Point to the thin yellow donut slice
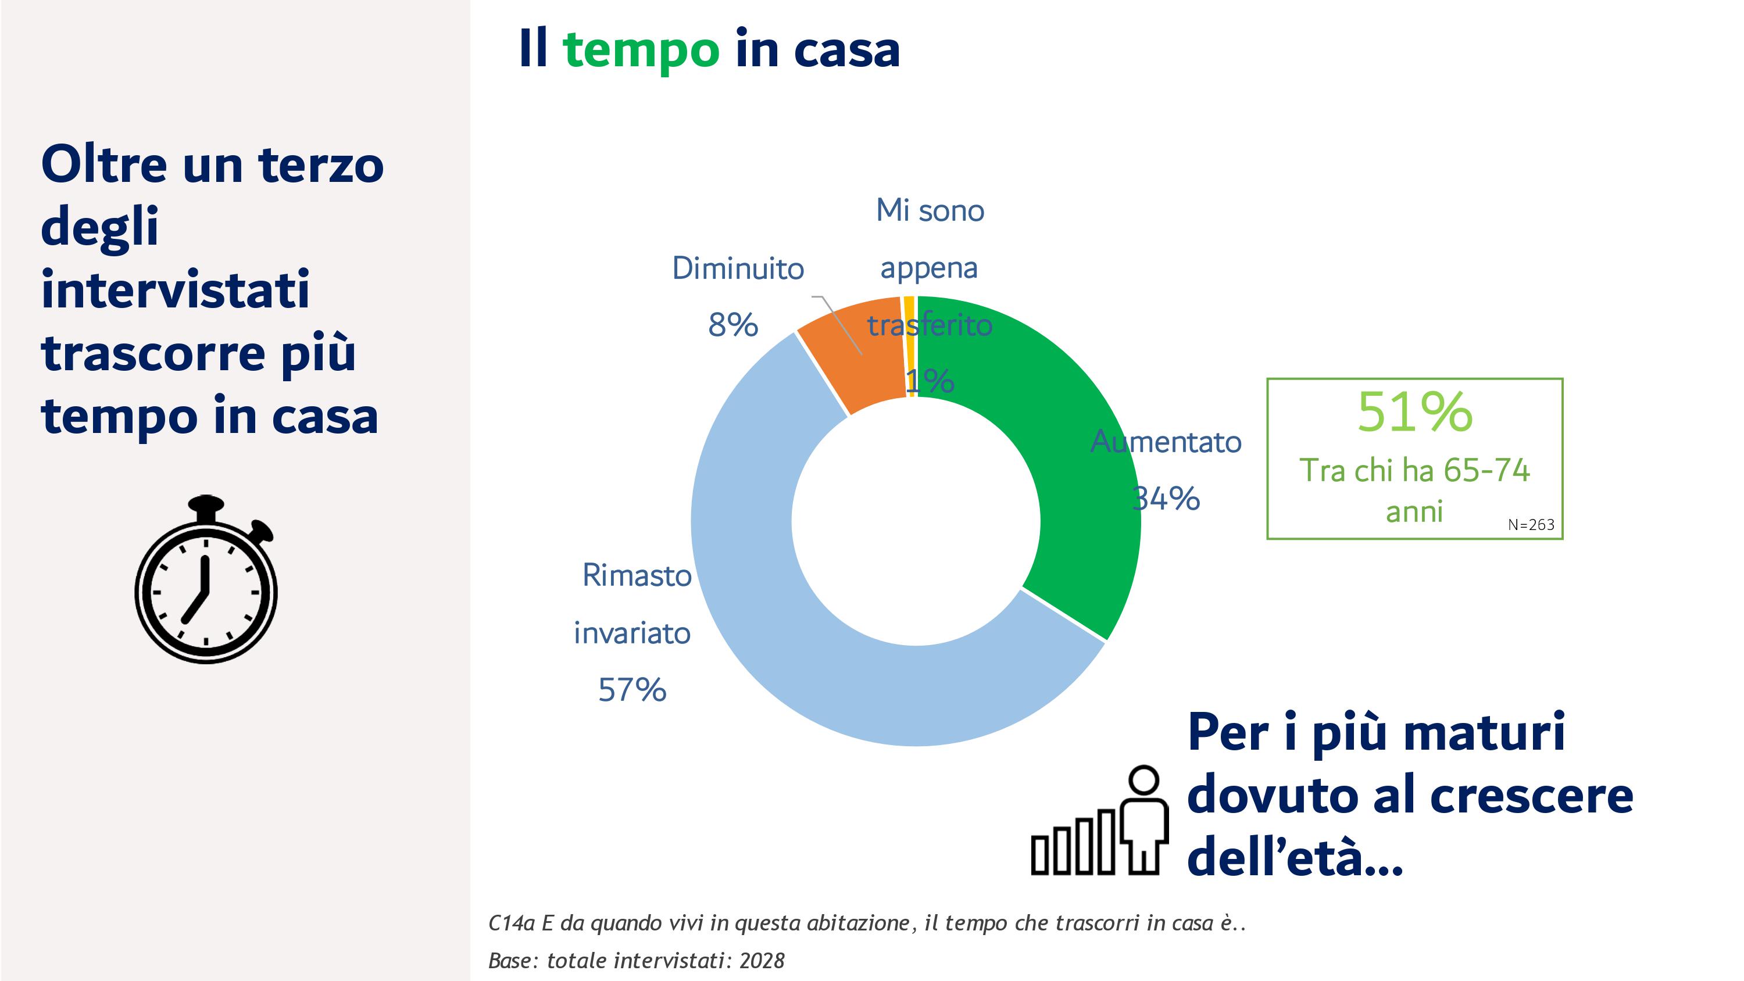click(909, 345)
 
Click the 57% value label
click(632, 690)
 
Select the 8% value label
click(733, 325)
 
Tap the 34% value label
click(1166, 499)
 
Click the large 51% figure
click(1415, 411)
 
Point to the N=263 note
click(1531, 525)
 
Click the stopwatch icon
click(206, 579)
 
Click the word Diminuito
click(738, 268)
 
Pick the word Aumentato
click(1166, 442)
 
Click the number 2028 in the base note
click(762, 961)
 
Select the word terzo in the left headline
click(321, 164)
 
